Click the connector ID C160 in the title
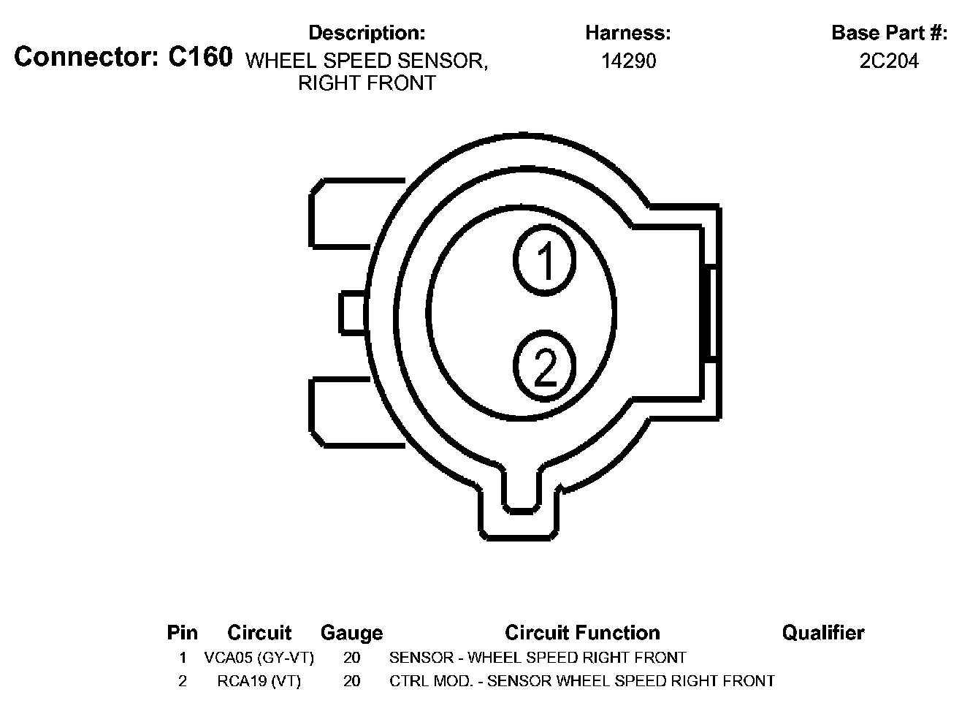(200, 57)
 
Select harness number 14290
(628, 61)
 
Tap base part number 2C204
(889, 61)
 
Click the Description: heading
(367, 33)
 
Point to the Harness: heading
(628, 33)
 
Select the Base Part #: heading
(889, 33)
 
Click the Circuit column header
(259, 633)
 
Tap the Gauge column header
(351, 633)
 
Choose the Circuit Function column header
(582, 633)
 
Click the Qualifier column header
(823, 633)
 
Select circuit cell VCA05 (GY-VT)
(259, 658)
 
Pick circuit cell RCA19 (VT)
(259, 681)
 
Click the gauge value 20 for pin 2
(351, 681)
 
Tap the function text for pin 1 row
(538, 658)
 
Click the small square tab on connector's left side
(353, 312)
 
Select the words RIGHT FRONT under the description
(367, 83)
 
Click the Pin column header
(183, 633)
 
